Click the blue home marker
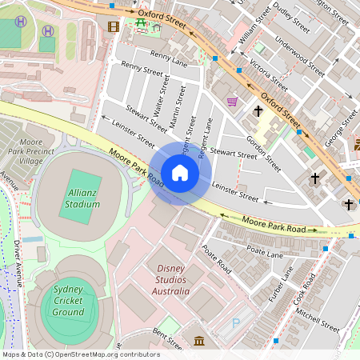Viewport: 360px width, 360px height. click(180, 173)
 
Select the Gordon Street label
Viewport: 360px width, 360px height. click(264, 152)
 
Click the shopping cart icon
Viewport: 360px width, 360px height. click(232, 102)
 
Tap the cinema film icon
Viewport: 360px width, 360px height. click(113, 26)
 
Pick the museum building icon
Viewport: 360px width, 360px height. click(198, 342)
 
